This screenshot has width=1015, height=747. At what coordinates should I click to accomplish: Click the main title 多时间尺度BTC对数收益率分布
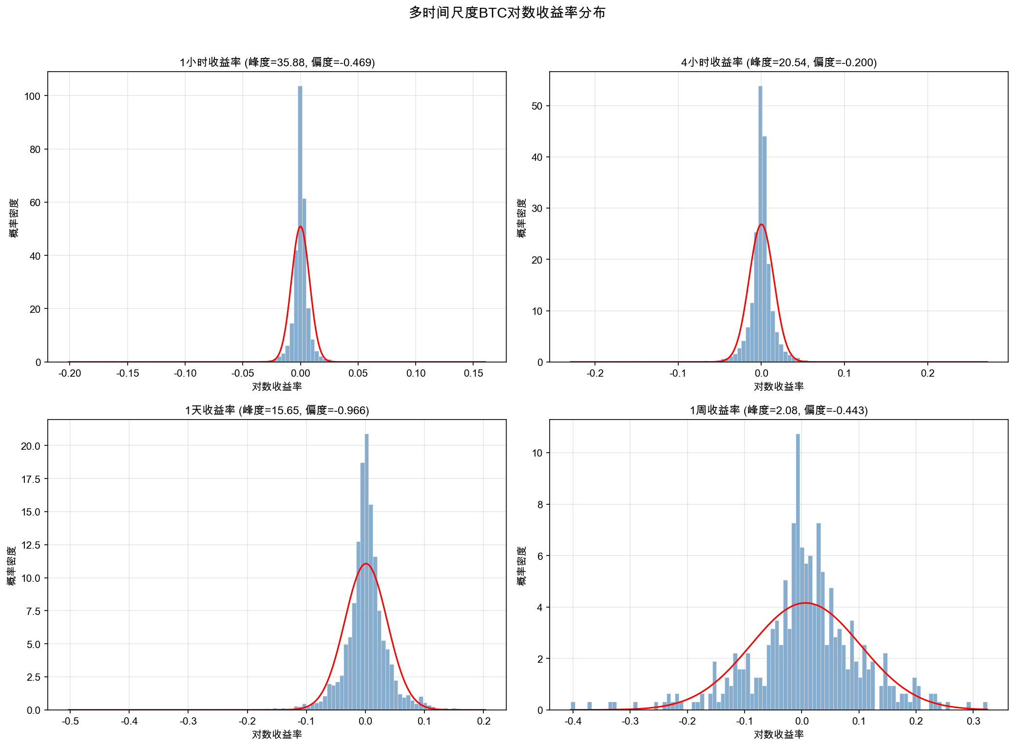507,13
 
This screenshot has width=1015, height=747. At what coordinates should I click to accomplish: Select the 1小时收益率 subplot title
277,62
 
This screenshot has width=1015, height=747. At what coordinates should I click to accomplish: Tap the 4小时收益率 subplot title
779,62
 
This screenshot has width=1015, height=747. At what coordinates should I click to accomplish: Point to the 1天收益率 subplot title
277,410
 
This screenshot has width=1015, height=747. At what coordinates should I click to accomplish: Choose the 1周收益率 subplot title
779,410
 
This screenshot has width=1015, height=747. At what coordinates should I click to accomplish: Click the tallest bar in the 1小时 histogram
300,224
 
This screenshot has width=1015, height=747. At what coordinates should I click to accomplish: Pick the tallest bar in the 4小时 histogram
760,224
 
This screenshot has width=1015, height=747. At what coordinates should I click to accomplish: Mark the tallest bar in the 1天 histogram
366,570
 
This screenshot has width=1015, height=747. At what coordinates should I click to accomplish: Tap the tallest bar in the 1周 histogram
798,570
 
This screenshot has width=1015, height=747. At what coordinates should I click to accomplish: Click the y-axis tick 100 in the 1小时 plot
32,96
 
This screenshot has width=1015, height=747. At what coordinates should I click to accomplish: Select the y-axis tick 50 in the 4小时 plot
537,106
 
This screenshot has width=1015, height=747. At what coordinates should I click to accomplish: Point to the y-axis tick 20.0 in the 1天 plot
30,446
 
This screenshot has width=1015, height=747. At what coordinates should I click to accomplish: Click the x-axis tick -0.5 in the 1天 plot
70,721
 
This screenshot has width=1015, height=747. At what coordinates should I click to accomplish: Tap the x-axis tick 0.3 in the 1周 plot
973,721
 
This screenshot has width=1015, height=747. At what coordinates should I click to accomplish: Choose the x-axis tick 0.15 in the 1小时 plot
473,373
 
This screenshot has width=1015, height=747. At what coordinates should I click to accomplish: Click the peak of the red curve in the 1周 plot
806,603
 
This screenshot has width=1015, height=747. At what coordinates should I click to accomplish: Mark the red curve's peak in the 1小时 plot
300,227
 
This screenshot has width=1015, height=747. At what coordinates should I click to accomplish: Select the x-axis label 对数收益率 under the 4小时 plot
779,386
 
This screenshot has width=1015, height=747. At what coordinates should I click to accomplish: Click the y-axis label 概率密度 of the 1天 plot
12,565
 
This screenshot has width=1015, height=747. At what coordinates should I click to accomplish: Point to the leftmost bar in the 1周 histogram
573,706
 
